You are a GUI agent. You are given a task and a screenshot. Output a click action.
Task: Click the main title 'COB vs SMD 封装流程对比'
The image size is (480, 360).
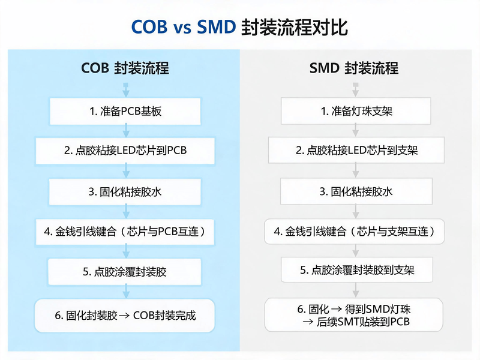[239, 27]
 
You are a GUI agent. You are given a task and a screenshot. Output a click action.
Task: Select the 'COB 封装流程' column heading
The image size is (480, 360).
[125, 68]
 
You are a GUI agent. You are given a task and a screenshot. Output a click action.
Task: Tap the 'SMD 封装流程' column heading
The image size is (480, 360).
[354, 68]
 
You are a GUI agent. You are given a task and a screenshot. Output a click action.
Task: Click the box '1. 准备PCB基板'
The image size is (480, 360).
[125, 111]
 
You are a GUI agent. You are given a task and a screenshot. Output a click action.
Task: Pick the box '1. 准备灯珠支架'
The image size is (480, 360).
[356, 111]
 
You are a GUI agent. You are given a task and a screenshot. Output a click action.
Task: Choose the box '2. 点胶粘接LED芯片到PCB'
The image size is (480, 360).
[125, 151]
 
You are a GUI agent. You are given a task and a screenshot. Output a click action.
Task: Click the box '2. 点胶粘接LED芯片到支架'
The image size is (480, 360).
[356, 150]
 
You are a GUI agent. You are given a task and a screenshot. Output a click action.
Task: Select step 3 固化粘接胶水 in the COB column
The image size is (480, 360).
[125, 192]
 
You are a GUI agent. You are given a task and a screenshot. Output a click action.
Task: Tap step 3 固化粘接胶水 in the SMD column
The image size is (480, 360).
[356, 191]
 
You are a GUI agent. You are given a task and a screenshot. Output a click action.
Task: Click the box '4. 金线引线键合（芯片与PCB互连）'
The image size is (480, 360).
[125, 232]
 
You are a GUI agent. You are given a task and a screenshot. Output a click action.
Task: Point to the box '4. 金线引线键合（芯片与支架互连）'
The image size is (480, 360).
[355, 231]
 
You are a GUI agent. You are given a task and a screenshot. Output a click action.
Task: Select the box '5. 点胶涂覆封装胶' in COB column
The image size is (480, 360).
[125, 272]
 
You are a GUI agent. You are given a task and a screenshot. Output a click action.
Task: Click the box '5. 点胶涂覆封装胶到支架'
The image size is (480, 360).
[357, 269]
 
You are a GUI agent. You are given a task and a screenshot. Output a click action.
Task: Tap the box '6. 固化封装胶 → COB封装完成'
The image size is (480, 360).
[125, 316]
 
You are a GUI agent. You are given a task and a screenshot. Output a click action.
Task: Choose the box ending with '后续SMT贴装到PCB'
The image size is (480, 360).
[354, 314]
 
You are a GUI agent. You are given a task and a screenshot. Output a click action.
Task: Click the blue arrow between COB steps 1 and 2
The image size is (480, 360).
[126, 131]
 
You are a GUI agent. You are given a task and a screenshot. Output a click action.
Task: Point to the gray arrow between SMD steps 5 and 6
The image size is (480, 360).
[356, 290]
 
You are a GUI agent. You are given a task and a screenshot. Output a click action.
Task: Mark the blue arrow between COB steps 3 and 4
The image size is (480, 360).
[126, 212]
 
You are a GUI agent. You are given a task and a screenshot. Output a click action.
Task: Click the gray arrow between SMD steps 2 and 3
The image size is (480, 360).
[356, 170]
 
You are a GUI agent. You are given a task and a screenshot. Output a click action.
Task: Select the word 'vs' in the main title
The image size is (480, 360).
[182, 28]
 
